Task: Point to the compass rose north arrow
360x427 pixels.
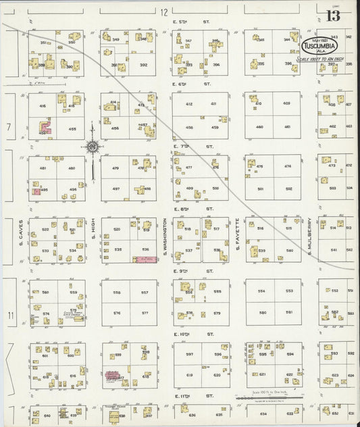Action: (93, 145)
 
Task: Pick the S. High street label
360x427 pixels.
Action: (93, 240)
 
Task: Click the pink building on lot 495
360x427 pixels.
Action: (35, 192)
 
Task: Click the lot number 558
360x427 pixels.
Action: (116, 293)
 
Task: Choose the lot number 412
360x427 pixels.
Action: (189, 103)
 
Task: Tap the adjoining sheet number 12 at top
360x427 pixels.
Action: (164, 12)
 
